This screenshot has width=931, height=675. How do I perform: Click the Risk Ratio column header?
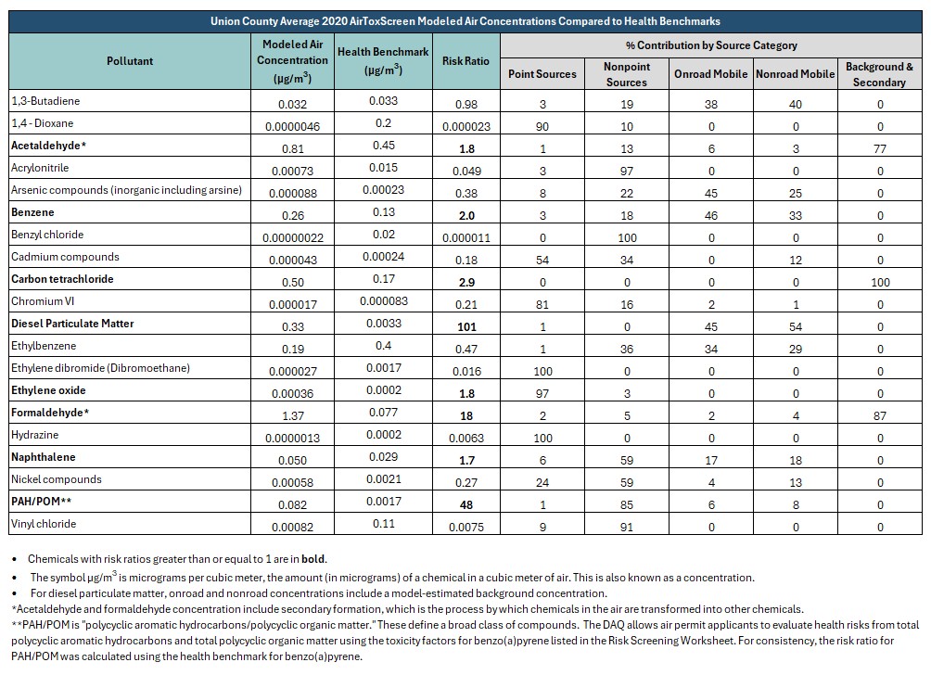(465, 60)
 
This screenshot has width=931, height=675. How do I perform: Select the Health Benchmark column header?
(383, 60)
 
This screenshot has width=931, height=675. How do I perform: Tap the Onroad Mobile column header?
(710, 73)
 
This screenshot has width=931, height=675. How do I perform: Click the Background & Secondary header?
(879, 74)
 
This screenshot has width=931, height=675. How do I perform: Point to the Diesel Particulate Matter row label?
(72, 324)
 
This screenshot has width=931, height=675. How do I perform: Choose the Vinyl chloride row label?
(44, 524)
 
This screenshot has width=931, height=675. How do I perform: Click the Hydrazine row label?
(35, 435)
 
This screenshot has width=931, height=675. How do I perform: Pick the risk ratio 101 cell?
(466, 326)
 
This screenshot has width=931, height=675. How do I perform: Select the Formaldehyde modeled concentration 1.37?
(293, 415)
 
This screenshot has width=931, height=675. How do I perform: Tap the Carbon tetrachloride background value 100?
(880, 282)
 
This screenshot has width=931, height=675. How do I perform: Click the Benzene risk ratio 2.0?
(466, 215)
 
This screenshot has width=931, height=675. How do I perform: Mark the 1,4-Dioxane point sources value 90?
(542, 126)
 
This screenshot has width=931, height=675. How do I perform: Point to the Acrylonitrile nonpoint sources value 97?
(627, 171)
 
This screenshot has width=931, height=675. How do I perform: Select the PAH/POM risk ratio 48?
(466, 504)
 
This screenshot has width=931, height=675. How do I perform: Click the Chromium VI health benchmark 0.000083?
(384, 301)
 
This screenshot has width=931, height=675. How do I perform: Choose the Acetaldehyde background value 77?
(880, 148)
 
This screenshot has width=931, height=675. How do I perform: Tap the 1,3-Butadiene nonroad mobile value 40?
(796, 104)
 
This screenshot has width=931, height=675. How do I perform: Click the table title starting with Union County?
(465, 21)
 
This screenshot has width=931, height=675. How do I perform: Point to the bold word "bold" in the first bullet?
(313, 559)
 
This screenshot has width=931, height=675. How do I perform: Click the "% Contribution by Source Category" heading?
(711, 45)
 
